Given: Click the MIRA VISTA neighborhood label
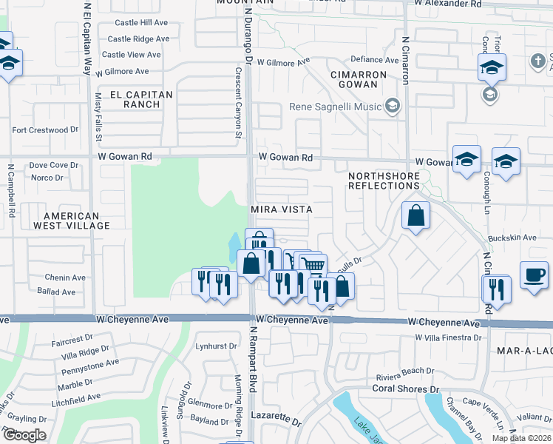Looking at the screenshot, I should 282,209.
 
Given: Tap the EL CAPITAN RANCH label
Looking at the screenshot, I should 140,99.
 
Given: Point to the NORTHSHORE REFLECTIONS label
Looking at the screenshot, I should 384,180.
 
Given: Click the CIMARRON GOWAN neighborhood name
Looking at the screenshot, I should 359,80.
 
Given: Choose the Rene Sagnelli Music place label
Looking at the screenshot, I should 335,107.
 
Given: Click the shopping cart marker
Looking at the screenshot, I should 313,264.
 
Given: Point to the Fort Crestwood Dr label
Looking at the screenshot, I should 45,130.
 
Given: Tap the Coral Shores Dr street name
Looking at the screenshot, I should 400,388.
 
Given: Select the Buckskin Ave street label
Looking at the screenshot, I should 507,239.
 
